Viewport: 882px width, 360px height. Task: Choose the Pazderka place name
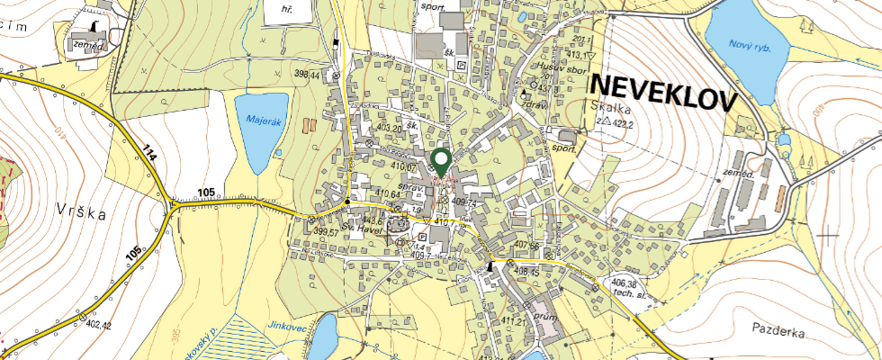778,332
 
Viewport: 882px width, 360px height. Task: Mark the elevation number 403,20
390,130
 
